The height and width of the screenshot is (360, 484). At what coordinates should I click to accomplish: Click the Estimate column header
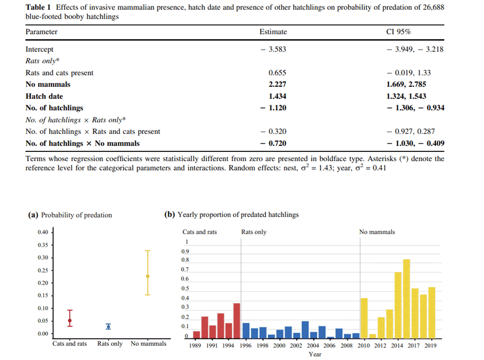pos(273,32)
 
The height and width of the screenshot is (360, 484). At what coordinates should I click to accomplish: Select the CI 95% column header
pos(399,32)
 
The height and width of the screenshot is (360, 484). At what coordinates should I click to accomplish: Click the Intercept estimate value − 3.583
pos(273,49)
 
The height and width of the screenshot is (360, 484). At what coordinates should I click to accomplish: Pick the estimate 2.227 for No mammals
pos(277,84)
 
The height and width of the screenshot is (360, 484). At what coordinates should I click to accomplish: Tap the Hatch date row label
pos(44,96)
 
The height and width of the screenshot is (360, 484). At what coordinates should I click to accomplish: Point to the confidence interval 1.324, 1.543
pos(406,96)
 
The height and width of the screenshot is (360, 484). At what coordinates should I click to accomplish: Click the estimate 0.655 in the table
pos(277,73)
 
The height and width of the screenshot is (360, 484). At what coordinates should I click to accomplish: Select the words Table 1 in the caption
pos(39,7)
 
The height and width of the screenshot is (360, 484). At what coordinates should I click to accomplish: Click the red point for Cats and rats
pos(69,320)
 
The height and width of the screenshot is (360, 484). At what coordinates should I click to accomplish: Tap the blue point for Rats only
pos(108,326)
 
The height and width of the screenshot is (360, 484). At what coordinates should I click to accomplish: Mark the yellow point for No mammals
pos(147,276)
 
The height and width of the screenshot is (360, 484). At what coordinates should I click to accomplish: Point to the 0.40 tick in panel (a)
pos(44,233)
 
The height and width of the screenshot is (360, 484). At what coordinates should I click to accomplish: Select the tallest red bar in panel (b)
pos(237,321)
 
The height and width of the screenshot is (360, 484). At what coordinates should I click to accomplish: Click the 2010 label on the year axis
pos(363,345)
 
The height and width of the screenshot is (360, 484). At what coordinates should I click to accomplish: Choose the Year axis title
pos(315,354)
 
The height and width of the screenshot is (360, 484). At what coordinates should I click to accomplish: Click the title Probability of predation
pos(76,215)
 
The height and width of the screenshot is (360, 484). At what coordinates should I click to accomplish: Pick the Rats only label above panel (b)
pos(253,232)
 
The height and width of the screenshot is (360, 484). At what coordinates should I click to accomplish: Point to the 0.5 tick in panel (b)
pos(185,288)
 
